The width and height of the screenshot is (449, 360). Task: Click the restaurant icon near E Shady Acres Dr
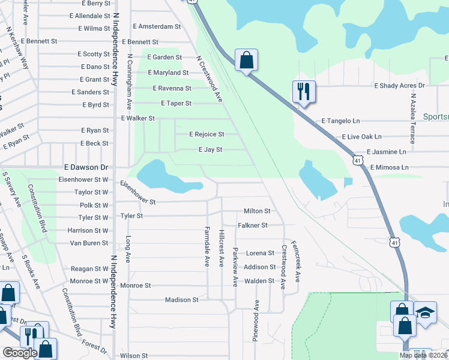303,92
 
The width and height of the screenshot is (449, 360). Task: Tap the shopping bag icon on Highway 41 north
246,60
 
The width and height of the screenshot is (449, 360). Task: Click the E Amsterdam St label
157,27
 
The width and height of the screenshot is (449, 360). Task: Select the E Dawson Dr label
86,168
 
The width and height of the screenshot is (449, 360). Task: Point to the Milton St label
257,211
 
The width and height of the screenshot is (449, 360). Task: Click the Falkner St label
252,225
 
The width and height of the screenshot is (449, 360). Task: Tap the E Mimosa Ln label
389,167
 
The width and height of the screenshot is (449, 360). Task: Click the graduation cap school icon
426,313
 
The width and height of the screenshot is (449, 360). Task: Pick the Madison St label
182,299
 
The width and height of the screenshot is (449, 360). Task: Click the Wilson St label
134,356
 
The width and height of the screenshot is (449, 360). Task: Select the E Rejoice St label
206,134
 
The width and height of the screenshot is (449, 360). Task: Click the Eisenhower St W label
83,179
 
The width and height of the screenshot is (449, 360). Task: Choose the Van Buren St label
89,243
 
